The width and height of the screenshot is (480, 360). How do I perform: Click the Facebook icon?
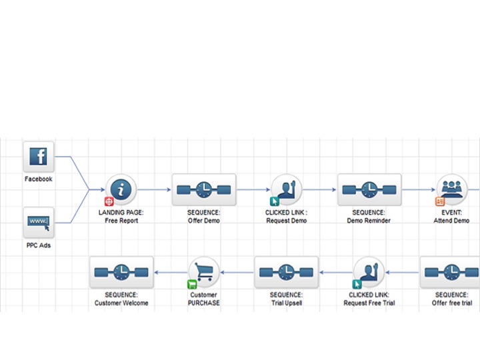pos(39,157)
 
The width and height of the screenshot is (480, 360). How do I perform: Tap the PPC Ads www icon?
pos(39,223)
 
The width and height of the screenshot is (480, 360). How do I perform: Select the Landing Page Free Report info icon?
pos(121,190)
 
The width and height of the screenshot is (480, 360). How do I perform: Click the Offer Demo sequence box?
pos(204,190)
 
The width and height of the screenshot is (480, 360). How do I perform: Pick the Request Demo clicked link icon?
pos(287,190)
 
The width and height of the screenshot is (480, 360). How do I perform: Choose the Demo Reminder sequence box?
pos(369,190)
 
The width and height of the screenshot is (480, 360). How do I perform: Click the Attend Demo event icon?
pos(452,190)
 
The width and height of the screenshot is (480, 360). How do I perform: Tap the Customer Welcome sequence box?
pos(121,273)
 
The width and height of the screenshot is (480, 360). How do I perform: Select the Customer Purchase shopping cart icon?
pos(204,272)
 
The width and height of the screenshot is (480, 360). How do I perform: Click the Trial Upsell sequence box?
pos(287,273)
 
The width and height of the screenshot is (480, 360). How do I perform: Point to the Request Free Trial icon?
pos(369,273)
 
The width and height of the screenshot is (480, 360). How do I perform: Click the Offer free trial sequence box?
pos(451,273)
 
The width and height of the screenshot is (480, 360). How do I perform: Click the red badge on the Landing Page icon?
pos(109,201)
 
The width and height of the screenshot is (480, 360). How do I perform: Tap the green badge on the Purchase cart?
pos(191,284)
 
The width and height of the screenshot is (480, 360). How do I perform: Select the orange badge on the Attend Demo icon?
pos(440,201)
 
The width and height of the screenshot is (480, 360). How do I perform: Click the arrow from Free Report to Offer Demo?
pos(155,190)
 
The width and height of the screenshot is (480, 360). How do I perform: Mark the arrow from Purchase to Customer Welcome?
pos(171,273)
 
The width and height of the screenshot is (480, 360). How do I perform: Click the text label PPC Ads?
pos(38,245)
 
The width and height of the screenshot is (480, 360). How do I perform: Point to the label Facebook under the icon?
pos(38,179)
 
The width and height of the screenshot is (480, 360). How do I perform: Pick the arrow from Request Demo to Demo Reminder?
pos(320,190)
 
